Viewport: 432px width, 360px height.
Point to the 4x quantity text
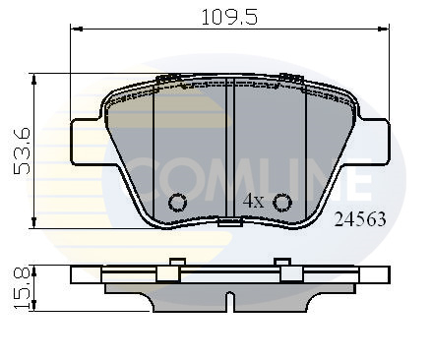coord(254,201)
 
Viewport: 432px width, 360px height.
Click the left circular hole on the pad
coord(177,203)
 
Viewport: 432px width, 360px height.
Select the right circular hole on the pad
coord(283,203)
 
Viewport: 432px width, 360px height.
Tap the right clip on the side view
coord(286,269)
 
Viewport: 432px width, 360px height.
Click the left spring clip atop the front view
coord(169,78)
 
